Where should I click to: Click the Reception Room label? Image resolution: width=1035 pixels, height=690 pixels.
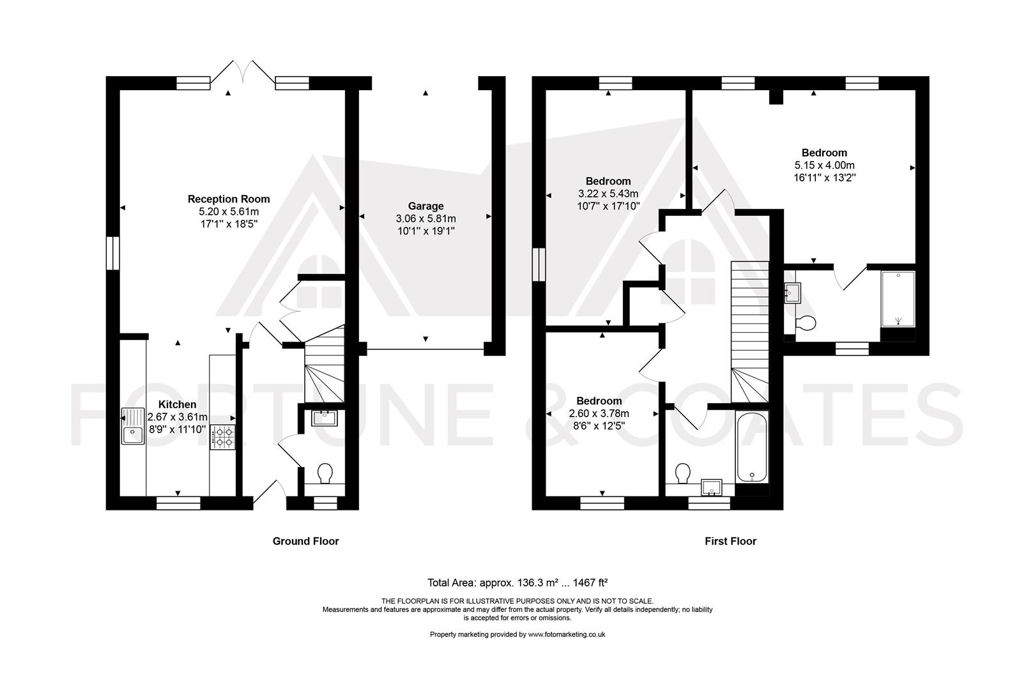pos(229,199)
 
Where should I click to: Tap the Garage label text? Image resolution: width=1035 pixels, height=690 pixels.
pos(425,206)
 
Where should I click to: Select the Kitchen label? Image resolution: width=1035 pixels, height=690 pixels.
pos(178,404)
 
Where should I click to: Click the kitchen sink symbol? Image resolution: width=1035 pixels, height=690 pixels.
pos(133,426)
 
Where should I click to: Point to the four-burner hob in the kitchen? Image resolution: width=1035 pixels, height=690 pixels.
pos(223,437)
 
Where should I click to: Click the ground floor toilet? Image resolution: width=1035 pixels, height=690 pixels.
pos(325,473)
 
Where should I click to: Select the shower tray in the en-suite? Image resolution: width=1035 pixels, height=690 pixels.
pos(898,299)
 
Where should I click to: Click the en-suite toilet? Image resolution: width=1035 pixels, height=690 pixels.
pos(806,323)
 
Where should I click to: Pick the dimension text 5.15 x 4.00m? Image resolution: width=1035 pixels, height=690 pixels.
pos(824,165)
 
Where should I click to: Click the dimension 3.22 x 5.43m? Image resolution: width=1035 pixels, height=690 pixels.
pos(608,194)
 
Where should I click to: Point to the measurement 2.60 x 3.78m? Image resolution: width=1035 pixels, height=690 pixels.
pos(599,413)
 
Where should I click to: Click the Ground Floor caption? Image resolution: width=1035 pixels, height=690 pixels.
pos(305,541)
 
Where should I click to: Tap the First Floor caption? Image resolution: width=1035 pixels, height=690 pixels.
pos(730,541)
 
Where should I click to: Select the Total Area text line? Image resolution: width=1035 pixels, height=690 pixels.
pos(517,583)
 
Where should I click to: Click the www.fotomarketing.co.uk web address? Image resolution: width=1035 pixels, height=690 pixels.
pos(567,634)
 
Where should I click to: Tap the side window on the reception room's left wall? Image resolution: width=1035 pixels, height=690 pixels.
pos(113,253)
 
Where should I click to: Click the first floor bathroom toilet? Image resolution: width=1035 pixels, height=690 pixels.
pos(682,473)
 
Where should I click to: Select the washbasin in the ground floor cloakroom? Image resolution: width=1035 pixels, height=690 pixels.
pos(325,418)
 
